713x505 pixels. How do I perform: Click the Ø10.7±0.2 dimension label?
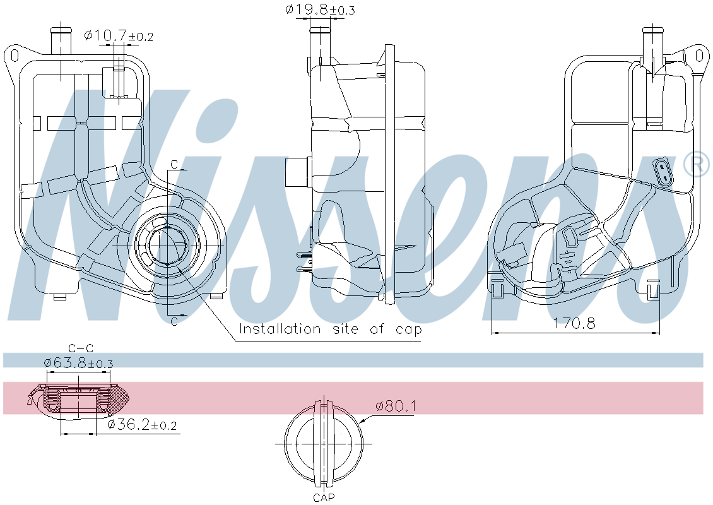click(x=119, y=36)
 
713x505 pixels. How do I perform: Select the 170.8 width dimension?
click(x=574, y=323)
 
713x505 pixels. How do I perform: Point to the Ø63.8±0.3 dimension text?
click(x=78, y=364)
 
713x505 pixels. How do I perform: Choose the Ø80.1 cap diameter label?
click(x=396, y=406)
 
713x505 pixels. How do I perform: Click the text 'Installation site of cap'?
click(x=330, y=329)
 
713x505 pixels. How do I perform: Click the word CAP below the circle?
click(x=324, y=497)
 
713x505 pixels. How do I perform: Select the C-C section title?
click(x=80, y=348)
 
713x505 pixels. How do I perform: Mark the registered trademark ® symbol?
click(x=697, y=165)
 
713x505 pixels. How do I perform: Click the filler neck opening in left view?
click(x=167, y=244)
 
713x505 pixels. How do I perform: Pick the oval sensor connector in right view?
click(x=663, y=172)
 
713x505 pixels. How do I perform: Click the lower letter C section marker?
click(x=174, y=321)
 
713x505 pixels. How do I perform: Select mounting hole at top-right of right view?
click(x=698, y=56)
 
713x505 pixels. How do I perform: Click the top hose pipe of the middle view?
click(x=321, y=44)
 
